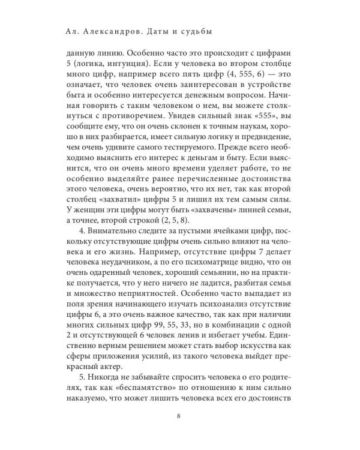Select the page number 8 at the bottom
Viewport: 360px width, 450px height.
click(179, 433)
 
